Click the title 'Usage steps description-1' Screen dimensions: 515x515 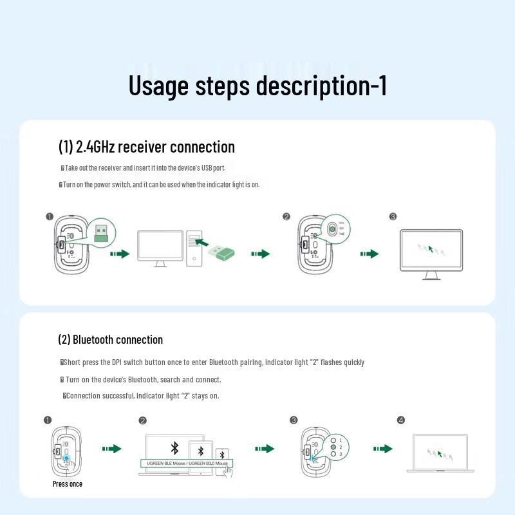tap(257, 86)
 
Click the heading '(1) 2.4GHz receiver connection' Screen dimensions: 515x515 tap(147, 147)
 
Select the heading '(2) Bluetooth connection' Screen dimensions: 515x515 tap(110, 339)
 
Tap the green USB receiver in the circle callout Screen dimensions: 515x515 tap(100, 232)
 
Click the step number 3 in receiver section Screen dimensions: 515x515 tap(393, 217)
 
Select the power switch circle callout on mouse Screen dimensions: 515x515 tap(333, 229)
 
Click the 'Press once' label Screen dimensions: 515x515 tap(68, 483)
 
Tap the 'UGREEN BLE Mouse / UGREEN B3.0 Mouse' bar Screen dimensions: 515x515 tap(187, 463)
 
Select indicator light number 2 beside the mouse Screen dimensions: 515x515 tap(333, 447)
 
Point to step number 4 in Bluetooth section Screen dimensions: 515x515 tap(401, 420)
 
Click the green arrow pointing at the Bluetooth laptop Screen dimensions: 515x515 tap(382, 449)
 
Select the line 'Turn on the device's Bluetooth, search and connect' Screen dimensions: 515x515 tap(143, 379)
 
